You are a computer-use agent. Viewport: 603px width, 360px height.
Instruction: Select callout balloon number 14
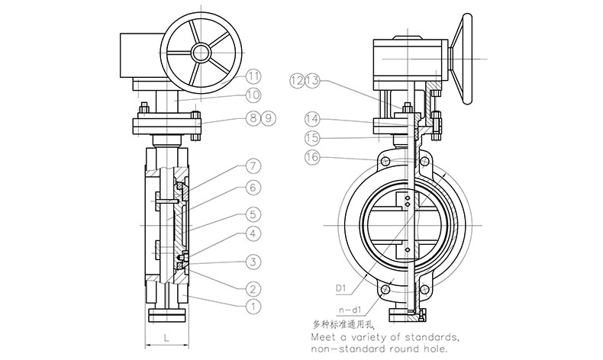[x=313, y=120]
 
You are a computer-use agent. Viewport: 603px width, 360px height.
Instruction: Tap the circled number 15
[x=313, y=138]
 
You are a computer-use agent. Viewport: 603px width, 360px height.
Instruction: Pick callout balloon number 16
[x=313, y=157]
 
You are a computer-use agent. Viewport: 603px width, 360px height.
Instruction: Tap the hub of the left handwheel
[x=202, y=52]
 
